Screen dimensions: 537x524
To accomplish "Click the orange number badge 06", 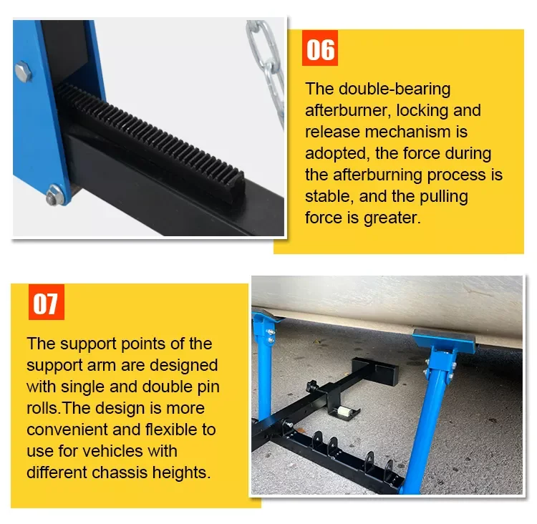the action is pyautogui.click(x=320, y=48).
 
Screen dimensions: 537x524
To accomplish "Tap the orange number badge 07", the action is pyautogui.click(x=47, y=302).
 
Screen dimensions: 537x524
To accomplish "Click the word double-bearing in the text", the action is pyautogui.click(x=395, y=89).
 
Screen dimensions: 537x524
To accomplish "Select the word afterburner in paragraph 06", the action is pyautogui.click(x=348, y=110).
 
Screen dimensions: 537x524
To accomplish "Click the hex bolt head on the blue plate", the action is pyautogui.click(x=24, y=72).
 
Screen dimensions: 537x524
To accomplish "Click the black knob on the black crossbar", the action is pyautogui.click(x=313, y=386).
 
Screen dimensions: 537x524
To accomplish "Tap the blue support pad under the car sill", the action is pyautogui.click(x=444, y=339).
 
